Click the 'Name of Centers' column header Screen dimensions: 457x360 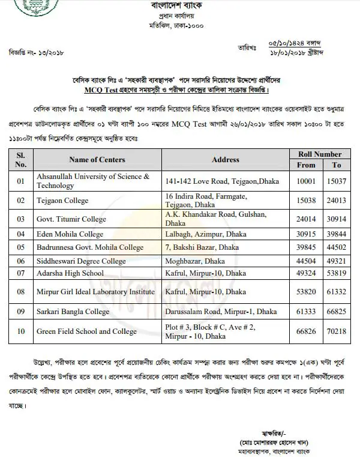97,160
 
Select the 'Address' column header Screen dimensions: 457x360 226,160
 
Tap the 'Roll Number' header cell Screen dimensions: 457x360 320,154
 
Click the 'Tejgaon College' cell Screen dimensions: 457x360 62,201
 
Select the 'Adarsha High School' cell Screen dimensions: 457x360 70,273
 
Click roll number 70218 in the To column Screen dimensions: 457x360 337,331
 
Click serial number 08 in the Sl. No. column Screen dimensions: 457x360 22,292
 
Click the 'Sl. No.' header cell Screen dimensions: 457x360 22,160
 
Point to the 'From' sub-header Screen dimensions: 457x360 306,165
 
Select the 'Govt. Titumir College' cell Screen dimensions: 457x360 71,219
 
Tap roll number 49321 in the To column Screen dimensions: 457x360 337,261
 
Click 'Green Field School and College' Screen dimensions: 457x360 86,331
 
